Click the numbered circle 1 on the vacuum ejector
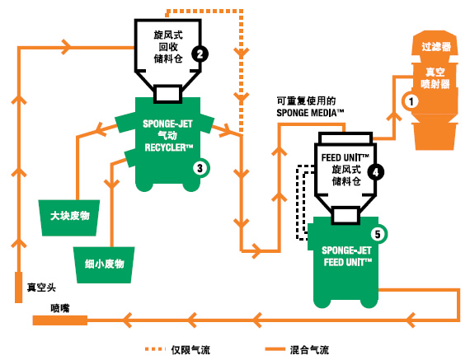pos(411,101)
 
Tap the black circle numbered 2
pos(200,54)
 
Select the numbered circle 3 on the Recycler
pos(200,168)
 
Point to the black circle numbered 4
pos(375,172)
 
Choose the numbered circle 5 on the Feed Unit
pos(378,234)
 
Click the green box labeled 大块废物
pos(69,217)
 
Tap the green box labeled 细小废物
pos(105,265)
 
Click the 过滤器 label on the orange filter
pos(436,47)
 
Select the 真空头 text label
pos(41,288)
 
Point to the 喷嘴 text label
pos(60,308)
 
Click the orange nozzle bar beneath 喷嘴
pos(60,320)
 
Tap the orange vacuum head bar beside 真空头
pos(19,288)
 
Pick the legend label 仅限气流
pos(190,350)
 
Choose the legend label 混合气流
pos(309,350)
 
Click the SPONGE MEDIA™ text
pos(310,113)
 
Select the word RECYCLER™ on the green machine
pos(168,147)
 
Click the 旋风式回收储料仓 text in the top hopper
pos(168,47)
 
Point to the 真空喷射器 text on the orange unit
pos(435,78)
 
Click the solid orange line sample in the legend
pos(275,349)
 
